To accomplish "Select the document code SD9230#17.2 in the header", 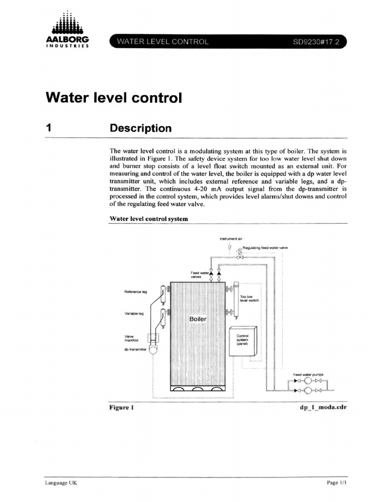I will [x=316, y=42].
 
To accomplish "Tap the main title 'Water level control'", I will [x=113, y=98].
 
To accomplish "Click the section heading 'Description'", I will [x=140, y=128].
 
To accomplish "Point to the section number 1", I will [x=49, y=128].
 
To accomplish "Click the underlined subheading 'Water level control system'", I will [x=149, y=219].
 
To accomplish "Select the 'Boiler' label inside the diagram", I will [x=198, y=319].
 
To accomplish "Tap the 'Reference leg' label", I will [x=136, y=292].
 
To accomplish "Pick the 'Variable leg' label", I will [x=134, y=314].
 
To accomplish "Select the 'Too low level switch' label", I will [x=246, y=299].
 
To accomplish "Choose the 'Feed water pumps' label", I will [x=307, y=375].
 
